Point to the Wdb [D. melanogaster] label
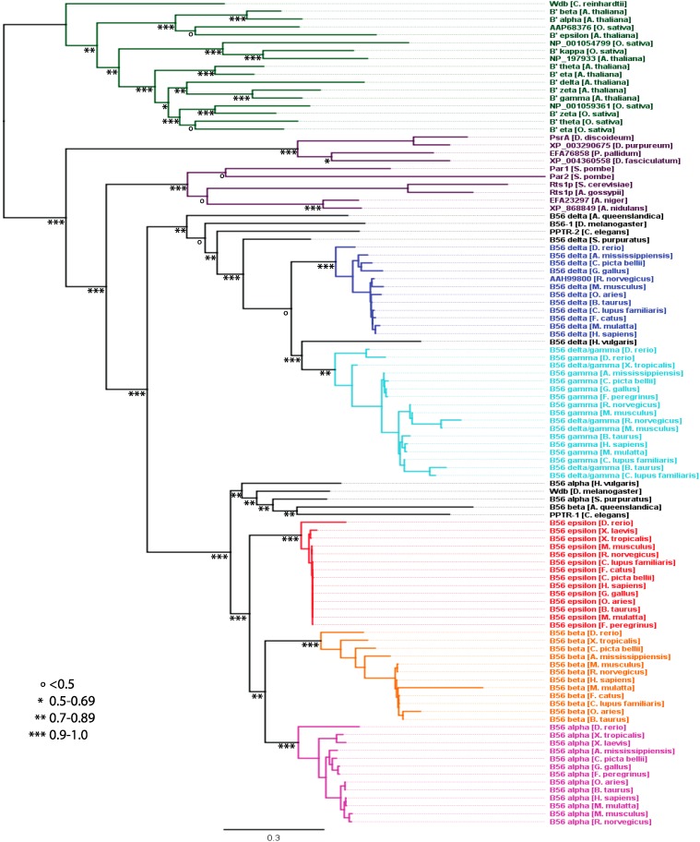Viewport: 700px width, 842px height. coord(588,492)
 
